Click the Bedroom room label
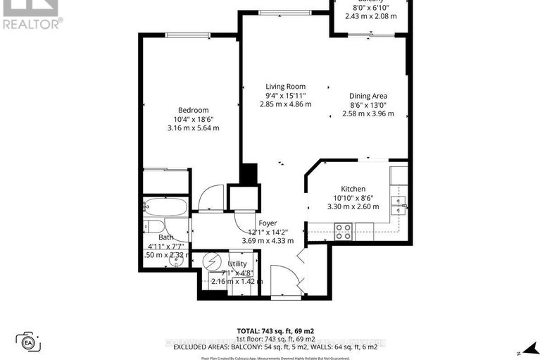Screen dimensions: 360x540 tap(193, 110)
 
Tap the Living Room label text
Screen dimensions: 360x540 tap(285, 86)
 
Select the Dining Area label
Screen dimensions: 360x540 tap(368, 96)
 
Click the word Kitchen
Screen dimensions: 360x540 tap(353, 189)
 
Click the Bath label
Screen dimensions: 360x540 tap(165, 237)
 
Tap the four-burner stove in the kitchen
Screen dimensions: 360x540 tap(342, 230)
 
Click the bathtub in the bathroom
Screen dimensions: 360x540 tap(166, 208)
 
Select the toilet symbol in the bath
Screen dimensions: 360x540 tap(152, 227)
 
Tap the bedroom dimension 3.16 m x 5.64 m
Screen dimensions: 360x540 tap(193, 128)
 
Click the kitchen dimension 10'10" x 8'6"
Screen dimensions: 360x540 tap(353, 198)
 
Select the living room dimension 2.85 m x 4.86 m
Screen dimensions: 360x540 tap(285, 104)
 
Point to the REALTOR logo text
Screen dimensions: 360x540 tap(32, 23)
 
